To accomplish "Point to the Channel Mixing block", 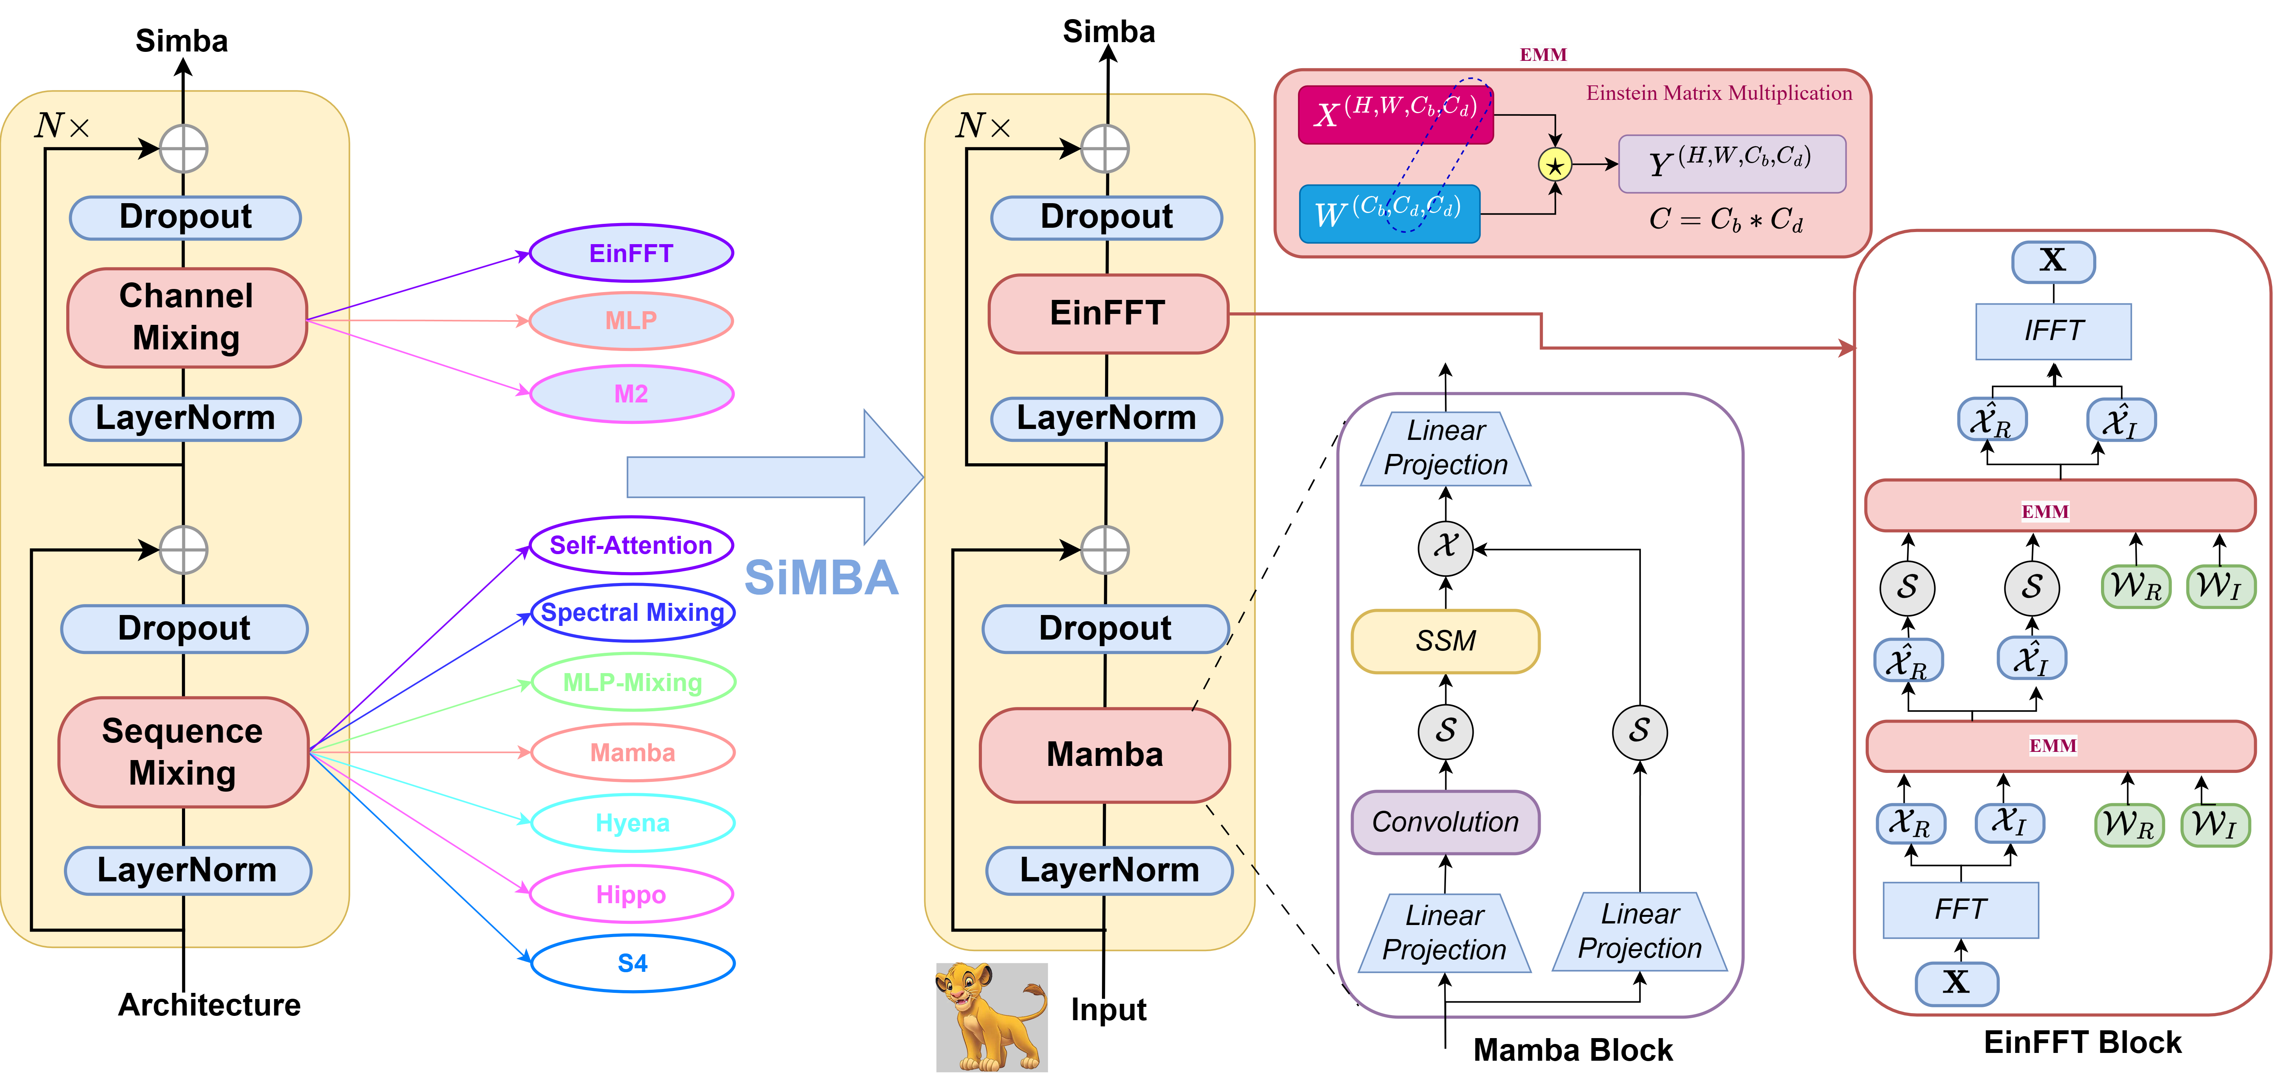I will point(186,317).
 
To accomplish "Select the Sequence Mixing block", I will point(183,751).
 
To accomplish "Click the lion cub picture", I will point(991,1017).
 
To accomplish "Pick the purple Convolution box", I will point(1445,822).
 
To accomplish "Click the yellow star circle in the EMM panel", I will point(1555,165).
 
